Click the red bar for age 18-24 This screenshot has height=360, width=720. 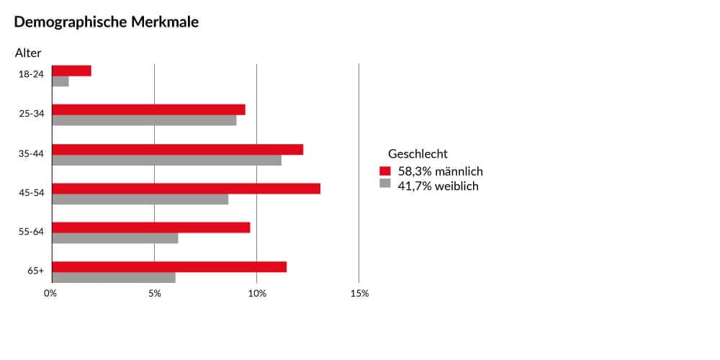coord(72,71)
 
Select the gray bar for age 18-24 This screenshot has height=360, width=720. coord(60,81)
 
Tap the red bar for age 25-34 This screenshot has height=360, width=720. coord(149,109)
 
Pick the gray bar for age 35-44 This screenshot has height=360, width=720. coord(167,160)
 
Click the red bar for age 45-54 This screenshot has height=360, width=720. coord(186,189)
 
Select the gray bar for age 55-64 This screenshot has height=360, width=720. coord(115,238)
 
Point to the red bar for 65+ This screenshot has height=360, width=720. coord(169,267)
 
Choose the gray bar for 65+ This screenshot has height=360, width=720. coord(114,277)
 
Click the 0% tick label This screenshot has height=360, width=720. coord(50,294)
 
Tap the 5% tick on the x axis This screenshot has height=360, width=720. coord(154,294)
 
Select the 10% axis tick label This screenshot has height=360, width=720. coord(257,294)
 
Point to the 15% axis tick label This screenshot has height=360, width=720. coord(359,294)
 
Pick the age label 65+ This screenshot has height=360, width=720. coord(36,271)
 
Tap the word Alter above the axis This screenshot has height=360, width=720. coord(28,53)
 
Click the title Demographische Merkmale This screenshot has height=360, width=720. coord(107,22)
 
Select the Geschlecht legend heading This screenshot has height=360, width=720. coord(418,154)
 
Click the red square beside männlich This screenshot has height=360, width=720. coord(384,171)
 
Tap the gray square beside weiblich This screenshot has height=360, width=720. coord(384,184)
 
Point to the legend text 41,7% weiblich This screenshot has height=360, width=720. coord(438,186)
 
